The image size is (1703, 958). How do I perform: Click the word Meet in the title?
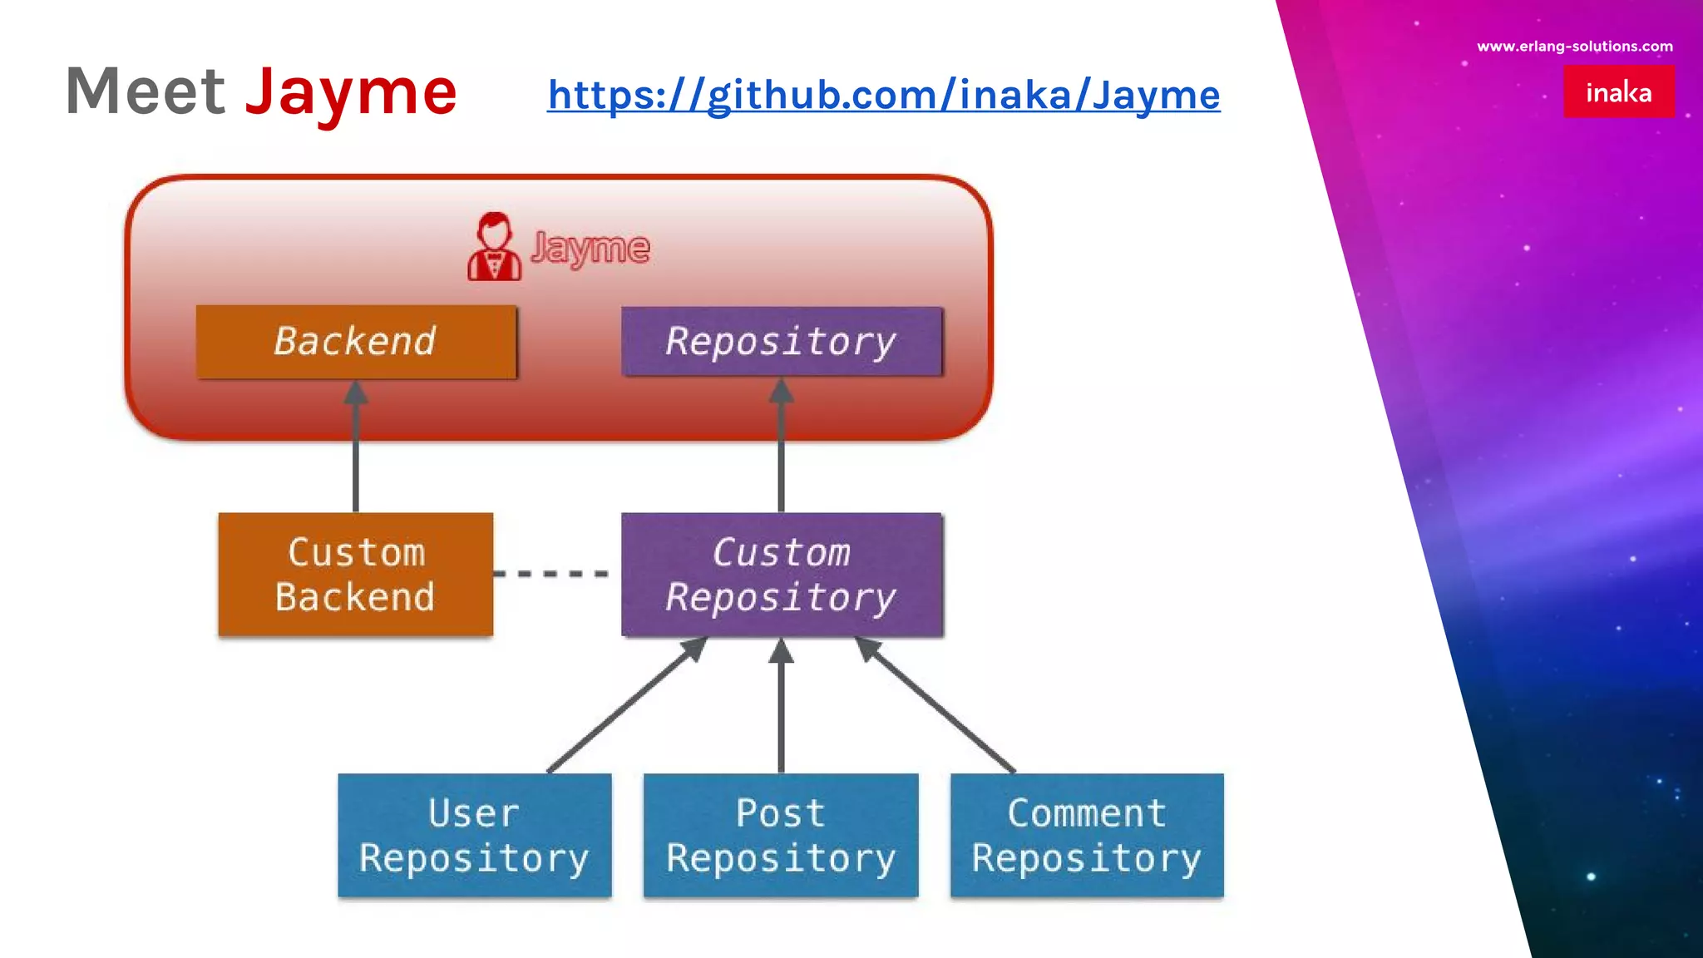pyautogui.click(x=146, y=91)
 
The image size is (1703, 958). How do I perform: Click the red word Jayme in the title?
pyautogui.click(x=350, y=91)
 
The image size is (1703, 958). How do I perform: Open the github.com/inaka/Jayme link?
pyautogui.click(x=883, y=95)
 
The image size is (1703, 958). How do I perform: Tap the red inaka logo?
pyautogui.click(x=1618, y=91)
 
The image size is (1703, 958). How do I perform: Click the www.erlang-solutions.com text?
pyautogui.click(x=1574, y=47)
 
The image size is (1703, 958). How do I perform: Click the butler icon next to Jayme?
pyautogui.click(x=494, y=247)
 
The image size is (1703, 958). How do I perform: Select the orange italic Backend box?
pyautogui.click(x=356, y=342)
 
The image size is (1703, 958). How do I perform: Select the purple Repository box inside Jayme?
pyautogui.click(x=781, y=342)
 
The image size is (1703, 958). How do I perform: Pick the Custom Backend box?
pyautogui.click(x=356, y=575)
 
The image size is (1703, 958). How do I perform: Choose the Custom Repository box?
pyautogui.click(x=781, y=575)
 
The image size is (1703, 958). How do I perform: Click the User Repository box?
pyautogui.click(x=474, y=835)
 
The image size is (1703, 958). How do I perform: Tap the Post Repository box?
pyautogui.click(x=780, y=835)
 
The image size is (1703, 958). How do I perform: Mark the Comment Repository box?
pyautogui.click(x=1086, y=835)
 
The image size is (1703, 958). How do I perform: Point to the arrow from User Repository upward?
pyautogui.click(x=625, y=707)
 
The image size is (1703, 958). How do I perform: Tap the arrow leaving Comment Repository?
pyautogui.click(x=938, y=707)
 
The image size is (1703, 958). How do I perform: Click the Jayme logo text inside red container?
pyautogui.click(x=590, y=248)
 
